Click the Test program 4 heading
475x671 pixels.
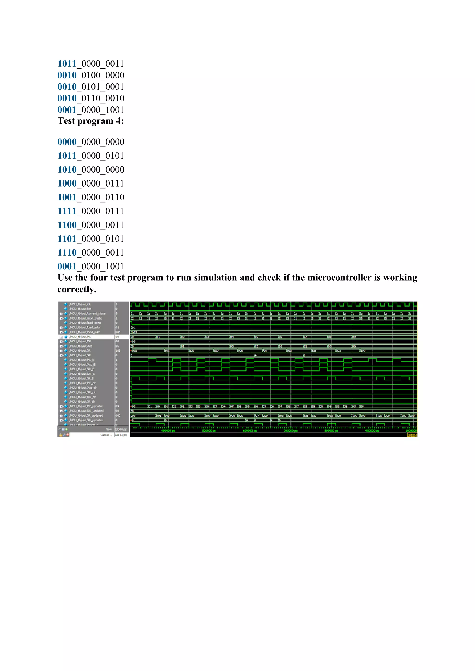(x=90, y=121)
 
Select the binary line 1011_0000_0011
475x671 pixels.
(x=91, y=64)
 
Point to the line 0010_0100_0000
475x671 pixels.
(x=91, y=75)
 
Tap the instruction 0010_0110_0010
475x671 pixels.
(x=91, y=98)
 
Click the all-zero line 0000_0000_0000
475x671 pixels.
(x=91, y=142)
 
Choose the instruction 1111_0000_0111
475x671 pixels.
(x=91, y=211)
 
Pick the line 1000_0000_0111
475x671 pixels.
(x=91, y=184)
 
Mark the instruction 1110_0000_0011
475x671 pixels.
(x=91, y=253)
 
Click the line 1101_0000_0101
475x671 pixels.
(x=91, y=239)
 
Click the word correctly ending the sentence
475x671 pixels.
(x=77, y=290)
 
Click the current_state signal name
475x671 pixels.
(x=87, y=313)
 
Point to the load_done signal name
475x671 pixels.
(x=85, y=323)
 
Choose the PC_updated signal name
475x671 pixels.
(x=86, y=406)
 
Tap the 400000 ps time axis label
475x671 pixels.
(x=168, y=431)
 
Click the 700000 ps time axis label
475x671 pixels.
(x=290, y=431)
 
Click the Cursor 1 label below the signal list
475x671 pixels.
(x=106, y=435)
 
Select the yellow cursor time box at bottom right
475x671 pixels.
(x=412, y=435)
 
